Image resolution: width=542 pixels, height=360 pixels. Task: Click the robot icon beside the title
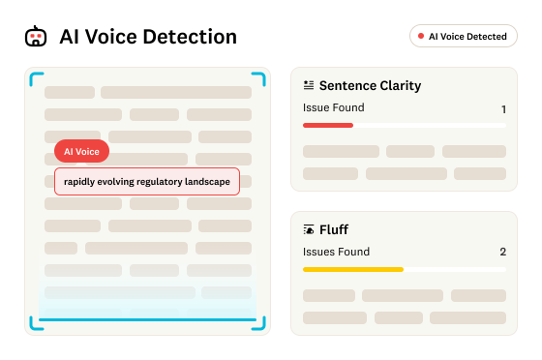click(36, 36)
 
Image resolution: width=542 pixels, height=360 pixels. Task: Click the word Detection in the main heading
click(190, 37)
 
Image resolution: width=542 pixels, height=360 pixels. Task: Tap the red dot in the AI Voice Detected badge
click(421, 36)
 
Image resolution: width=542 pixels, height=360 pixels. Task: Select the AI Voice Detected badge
click(464, 36)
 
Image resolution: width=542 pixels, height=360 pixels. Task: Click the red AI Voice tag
click(81, 151)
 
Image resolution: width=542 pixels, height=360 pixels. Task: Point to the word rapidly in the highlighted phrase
click(79, 182)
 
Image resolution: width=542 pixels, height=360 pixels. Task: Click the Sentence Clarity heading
click(370, 86)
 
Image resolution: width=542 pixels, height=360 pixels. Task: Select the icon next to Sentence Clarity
click(309, 85)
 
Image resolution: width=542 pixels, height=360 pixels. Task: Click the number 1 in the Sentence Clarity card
click(503, 109)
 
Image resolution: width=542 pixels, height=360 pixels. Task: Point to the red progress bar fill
click(328, 125)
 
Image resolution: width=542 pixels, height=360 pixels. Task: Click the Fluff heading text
click(334, 229)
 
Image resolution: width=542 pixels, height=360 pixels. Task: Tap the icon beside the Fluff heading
click(309, 229)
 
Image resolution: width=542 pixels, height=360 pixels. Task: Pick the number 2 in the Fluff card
click(503, 252)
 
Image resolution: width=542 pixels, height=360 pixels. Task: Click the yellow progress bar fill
click(353, 269)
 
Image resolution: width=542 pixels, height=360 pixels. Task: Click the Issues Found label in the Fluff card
click(337, 252)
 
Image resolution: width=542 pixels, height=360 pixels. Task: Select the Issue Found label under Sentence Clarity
click(334, 107)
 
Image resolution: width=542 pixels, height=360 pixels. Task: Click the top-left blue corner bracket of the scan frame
click(36, 77)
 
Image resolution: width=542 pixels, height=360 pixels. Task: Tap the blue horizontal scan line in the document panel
click(147, 320)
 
